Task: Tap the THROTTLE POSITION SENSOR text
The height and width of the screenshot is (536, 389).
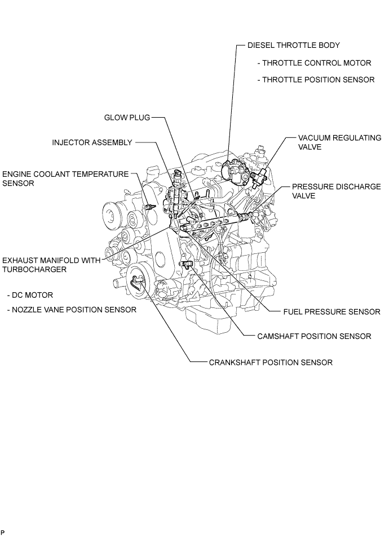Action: tap(316, 80)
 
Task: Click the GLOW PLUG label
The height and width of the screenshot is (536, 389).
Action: tap(126, 118)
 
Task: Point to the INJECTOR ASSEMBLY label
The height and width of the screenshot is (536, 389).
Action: tap(91, 143)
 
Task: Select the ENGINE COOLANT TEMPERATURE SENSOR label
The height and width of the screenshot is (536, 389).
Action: tap(65, 178)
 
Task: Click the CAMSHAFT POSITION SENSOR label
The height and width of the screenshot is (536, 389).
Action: tap(314, 336)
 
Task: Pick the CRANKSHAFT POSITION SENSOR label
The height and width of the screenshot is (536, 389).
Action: tap(270, 363)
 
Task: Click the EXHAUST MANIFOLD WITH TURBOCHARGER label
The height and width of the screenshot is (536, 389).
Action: tap(51, 265)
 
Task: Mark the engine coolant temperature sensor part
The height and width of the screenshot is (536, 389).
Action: tap(149, 209)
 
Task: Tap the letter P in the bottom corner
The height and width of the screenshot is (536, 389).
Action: tap(3, 532)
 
